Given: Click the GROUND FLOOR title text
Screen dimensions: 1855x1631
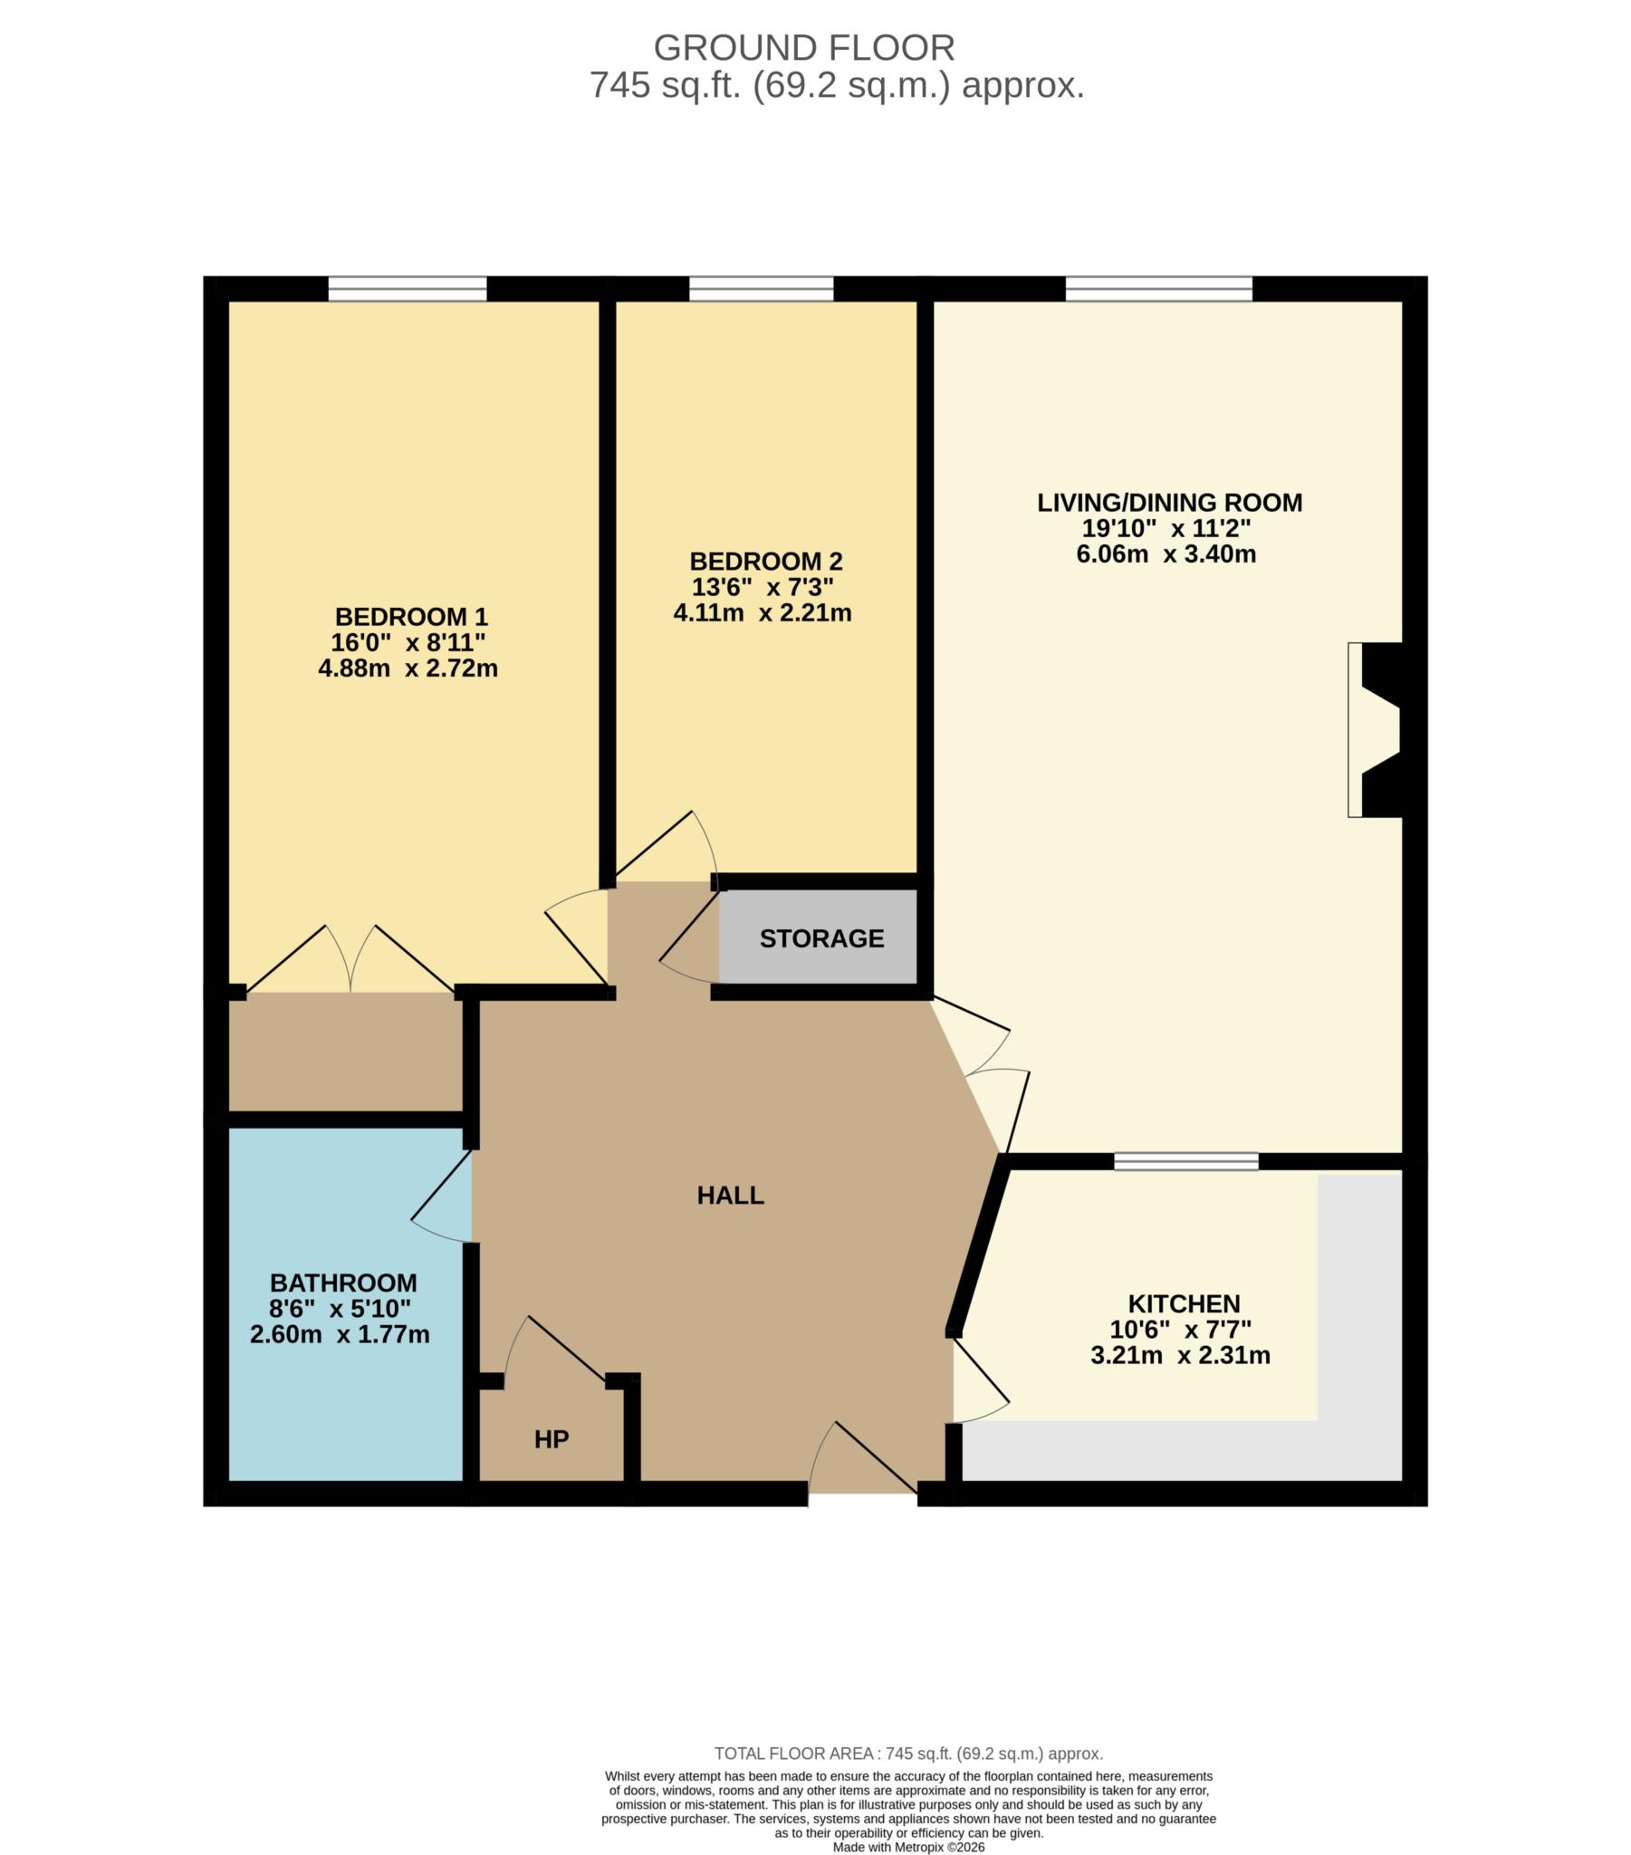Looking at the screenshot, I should (x=803, y=47).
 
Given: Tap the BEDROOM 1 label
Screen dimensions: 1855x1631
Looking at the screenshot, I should (x=411, y=617).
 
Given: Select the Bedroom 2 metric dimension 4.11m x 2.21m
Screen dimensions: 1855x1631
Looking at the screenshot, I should (x=762, y=612).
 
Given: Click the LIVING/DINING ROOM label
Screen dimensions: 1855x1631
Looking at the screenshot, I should (x=1169, y=503).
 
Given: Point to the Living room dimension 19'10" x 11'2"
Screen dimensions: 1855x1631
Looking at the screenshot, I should (x=1166, y=528).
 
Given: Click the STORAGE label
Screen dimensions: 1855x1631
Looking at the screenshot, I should (x=821, y=938).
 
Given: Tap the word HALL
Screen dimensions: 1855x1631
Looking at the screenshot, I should (x=730, y=1196).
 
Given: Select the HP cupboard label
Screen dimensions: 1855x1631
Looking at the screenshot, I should (x=551, y=1439).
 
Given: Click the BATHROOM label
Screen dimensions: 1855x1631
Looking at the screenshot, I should (x=343, y=1283).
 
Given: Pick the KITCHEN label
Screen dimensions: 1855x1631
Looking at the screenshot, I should (x=1184, y=1304).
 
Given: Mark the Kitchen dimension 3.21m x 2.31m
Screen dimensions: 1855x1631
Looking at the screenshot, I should (x=1180, y=1356).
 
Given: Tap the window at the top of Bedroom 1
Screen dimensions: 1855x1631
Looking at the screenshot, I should (x=407, y=290).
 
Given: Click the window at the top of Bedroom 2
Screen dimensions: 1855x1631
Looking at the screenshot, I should (x=761, y=290).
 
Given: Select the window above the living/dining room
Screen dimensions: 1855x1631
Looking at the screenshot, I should (x=1158, y=290).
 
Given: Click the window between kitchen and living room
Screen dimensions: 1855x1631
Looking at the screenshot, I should (x=1185, y=1162).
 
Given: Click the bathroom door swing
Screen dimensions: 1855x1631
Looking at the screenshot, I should (x=442, y=1198).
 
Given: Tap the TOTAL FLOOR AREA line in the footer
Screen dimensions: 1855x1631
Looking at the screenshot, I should (x=907, y=1754).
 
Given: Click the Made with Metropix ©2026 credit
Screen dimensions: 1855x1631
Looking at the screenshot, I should (x=907, y=1847).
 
